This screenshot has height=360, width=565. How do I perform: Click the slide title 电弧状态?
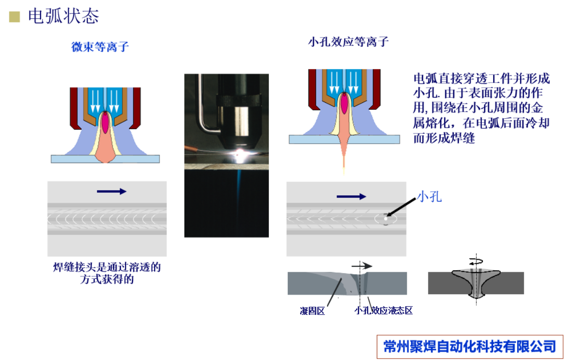63,16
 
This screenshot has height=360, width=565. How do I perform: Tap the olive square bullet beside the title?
15,17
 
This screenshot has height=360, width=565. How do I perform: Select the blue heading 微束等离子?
100,47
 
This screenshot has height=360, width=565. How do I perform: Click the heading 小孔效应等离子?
348,42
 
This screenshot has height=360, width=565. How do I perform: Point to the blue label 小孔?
429,197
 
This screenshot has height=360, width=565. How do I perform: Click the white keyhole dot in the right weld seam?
386,219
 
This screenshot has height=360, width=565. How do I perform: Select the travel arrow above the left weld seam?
112,191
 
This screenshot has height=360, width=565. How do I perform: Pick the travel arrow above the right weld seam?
351,197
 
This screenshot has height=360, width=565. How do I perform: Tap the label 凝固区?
312,311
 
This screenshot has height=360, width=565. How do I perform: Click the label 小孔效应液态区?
383,311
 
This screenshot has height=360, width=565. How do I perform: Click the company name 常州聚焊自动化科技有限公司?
470,346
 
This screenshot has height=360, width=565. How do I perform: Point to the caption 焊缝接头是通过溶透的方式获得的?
107,273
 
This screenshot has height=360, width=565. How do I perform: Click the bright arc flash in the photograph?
240,153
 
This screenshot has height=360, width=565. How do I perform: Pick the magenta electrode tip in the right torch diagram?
344,103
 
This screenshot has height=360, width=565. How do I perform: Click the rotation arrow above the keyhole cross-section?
476,261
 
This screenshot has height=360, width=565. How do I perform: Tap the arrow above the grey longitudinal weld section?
362,266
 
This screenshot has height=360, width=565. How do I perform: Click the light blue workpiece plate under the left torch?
105,159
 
